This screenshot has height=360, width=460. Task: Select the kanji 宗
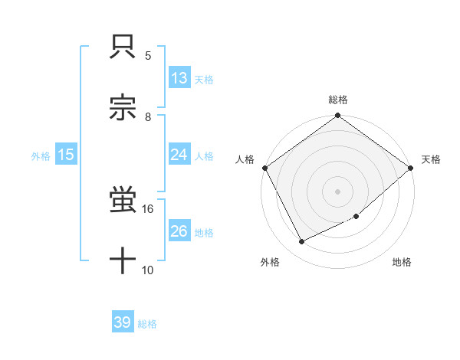pyautogui.click(x=123, y=108)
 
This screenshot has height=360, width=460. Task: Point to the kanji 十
pyautogui.click(x=123, y=261)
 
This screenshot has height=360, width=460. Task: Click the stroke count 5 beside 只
pyautogui.click(x=148, y=56)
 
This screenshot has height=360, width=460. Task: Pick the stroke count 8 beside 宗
pyautogui.click(x=148, y=116)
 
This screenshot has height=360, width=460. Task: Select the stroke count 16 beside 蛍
pyautogui.click(x=148, y=208)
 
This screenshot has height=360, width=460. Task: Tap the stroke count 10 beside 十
pyautogui.click(x=148, y=270)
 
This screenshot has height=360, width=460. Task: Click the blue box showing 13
pyautogui.click(x=179, y=78)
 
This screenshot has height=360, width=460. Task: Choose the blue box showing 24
pyautogui.click(x=179, y=155)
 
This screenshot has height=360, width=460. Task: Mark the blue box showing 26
pyautogui.click(x=179, y=231)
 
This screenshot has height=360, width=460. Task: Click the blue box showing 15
pyautogui.click(x=66, y=155)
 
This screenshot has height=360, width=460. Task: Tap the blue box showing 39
pyautogui.click(x=123, y=323)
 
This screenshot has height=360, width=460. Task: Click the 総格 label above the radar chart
pyautogui.click(x=338, y=100)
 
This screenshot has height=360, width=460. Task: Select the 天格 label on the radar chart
pyautogui.click(x=432, y=159)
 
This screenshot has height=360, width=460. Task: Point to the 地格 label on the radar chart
pyautogui.click(x=402, y=263)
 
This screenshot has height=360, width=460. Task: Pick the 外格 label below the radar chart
pyautogui.click(x=270, y=263)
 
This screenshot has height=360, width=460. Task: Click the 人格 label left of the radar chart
pyautogui.click(x=245, y=159)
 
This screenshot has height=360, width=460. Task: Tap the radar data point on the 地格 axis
pyautogui.click(x=356, y=216)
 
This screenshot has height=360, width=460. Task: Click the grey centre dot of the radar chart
pyautogui.click(x=338, y=191)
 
